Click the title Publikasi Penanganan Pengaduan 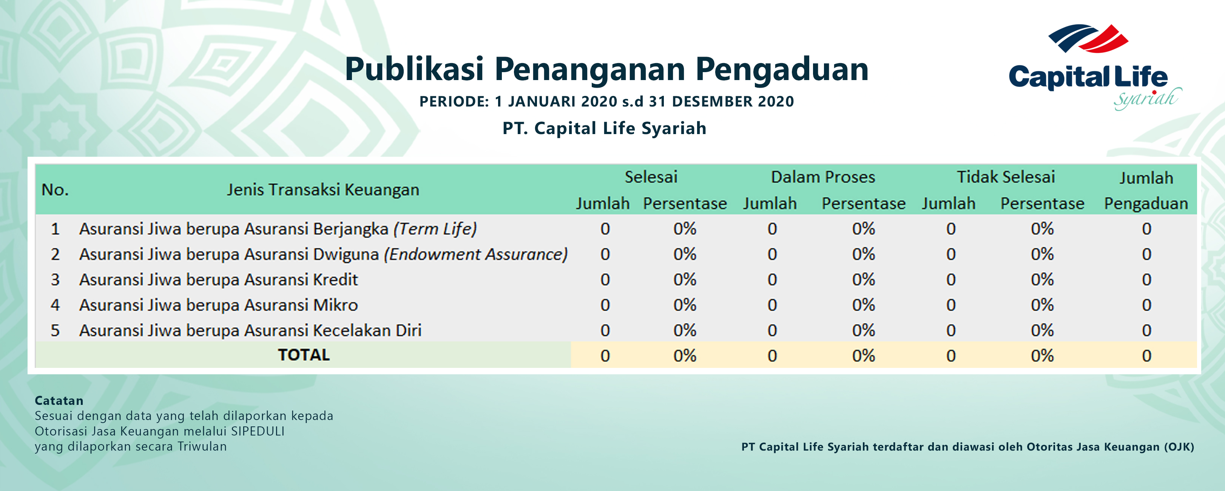pyautogui.click(x=607, y=69)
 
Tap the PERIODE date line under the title pyautogui.click(x=607, y=101)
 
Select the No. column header pyautogui.click(x=55, y=190)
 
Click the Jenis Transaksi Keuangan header pyautogui.click(x=323, y=190)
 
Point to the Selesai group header pyautogui.click(x=651, y=177)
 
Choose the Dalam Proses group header pyautogui.click(x=823, y=177)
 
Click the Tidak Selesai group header pyautogui.click(x=1006, y=177)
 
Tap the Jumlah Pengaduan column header pyautogui.click(x=1146, y=190)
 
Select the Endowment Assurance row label pyautogui.click(x=323, y=255)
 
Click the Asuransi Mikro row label pyautogui.click(x=218, y=305)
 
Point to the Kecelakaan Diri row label pyautogui.click(x=250, y=330)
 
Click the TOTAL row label pyautogui.click(x=304, y=355)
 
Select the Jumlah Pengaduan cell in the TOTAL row pyautogui.click(x=1146, y=356)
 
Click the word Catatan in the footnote pyautogui.click(x=59, y=401)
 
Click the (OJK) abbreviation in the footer pyautogui.click(x=1179, y=447)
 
